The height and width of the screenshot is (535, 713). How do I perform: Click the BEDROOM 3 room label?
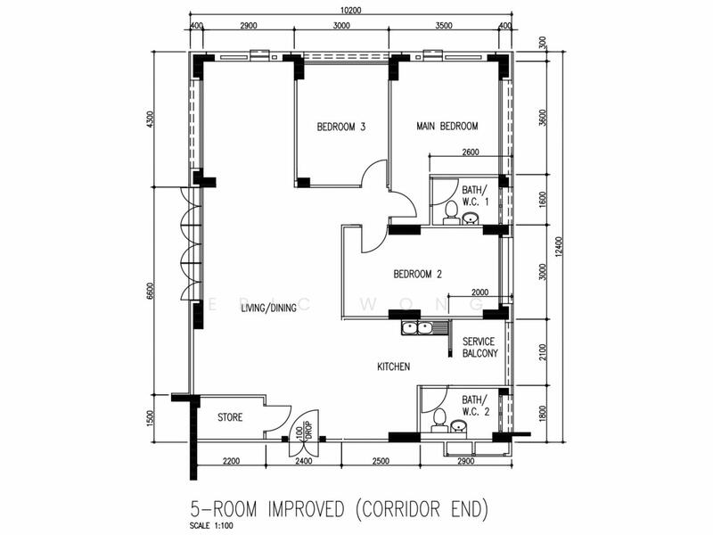point(341,127)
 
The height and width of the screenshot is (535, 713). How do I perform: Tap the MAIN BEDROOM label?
point(447,126)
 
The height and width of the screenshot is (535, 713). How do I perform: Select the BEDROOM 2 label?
point(417,274)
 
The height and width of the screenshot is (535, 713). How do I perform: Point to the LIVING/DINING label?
point(269,308)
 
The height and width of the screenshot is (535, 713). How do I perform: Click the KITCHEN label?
point(393,366)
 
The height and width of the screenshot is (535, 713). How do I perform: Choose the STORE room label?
point(230,417)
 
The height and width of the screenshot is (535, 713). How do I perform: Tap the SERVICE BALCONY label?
point(479,347)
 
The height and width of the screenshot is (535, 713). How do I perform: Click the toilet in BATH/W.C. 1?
point(451,213)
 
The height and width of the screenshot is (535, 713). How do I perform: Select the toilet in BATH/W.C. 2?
point(439,420)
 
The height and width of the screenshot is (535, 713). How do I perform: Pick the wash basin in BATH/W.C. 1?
point(471,218)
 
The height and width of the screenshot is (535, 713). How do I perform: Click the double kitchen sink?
point(417,327)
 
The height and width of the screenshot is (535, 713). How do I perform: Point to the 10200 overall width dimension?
point(350,10)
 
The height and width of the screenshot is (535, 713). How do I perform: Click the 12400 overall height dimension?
point(559,246)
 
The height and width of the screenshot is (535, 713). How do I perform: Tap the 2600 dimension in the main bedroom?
point(471,152)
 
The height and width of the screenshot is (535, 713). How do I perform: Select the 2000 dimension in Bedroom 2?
point(479,292)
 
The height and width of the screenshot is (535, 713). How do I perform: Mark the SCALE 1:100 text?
point(212,526)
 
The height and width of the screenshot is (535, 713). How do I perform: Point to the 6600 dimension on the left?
point(151,292)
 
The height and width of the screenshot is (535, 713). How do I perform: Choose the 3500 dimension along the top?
point(443,26)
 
